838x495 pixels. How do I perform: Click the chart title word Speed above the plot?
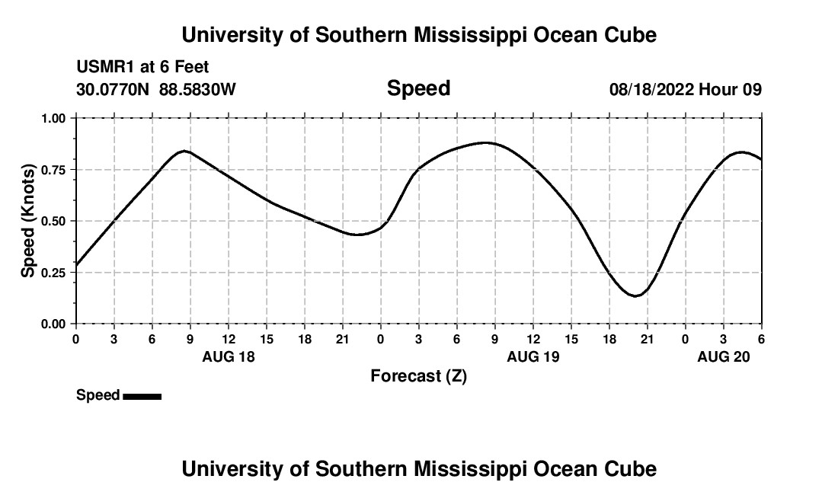pos(418,88)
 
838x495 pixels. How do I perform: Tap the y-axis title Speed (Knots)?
pos(28,221)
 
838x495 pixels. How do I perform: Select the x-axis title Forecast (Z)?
pos(418,375)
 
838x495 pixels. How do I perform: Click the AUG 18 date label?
pos(229,356)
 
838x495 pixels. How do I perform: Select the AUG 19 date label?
pos(533,356)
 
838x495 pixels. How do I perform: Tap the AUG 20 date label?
pos(724,356)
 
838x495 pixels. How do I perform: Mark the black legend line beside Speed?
pos(142,396)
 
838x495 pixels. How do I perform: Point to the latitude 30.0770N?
pos(114,89)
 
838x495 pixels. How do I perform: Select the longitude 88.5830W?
pos(197,89)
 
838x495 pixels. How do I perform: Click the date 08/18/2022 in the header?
pos(651,89)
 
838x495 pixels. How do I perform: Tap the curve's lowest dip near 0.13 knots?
pos(635,295)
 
